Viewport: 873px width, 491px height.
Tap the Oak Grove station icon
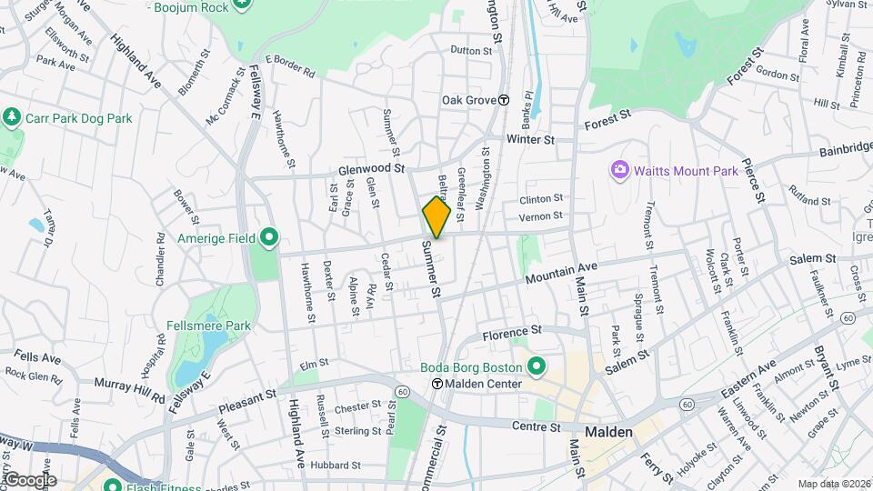pos(503,100)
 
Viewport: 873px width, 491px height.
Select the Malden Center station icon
pos(436,384)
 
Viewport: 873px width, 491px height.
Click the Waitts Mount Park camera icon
pos(620,170)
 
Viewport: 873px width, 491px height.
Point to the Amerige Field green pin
pos(268,238)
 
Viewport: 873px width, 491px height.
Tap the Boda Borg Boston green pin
pos(537,367)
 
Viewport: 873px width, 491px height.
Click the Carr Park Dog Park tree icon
pos(11,118)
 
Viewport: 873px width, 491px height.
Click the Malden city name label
pos(608,432)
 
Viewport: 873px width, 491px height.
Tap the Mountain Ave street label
pos(560,272)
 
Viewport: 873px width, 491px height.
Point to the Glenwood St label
pos(370,168)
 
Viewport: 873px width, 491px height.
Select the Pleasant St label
pos(246,397)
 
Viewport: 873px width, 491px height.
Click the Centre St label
pos(533,426)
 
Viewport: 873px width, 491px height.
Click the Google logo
pos(31,479)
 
